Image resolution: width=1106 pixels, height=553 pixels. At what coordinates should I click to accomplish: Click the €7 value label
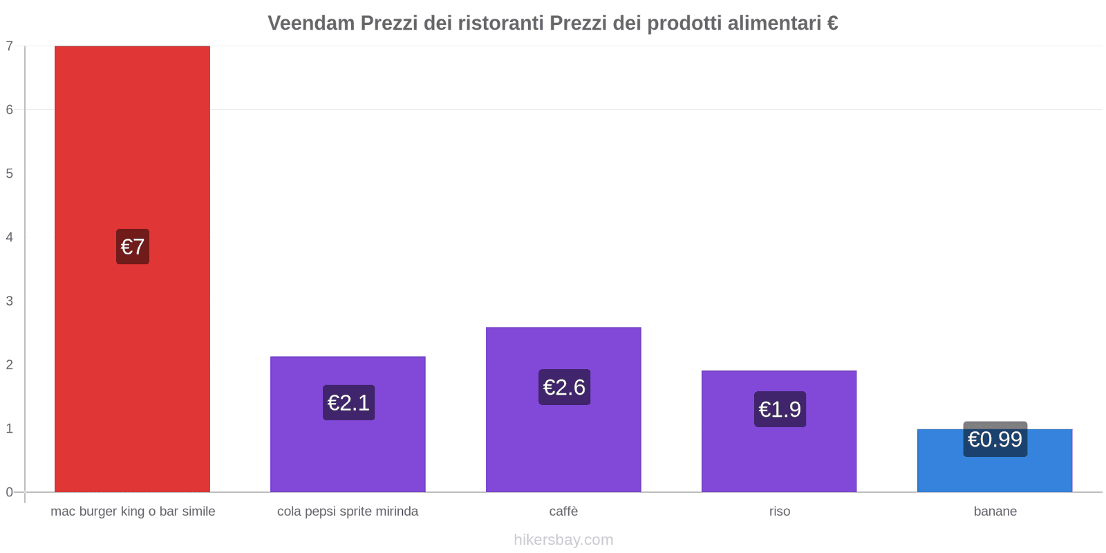tap(133, 247)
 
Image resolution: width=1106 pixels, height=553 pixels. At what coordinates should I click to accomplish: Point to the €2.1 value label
tap(348, 403)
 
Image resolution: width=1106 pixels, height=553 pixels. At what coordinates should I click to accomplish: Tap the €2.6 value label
tap(564, 387)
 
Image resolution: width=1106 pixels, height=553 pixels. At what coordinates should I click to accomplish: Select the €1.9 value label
tap(780, 409)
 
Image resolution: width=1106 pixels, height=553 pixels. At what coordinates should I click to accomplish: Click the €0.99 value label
tap(995, 440)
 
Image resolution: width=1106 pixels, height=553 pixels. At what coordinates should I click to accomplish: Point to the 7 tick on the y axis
tap(10, 46)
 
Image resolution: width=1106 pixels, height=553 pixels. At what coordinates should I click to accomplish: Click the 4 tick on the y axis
tap(10, 237)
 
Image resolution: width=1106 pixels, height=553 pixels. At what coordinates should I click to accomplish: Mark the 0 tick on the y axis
tap(10, 492)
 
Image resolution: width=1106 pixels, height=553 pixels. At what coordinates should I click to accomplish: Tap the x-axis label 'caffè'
tap(563, 512)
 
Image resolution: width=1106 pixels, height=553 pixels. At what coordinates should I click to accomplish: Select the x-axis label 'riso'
tap(779, 512)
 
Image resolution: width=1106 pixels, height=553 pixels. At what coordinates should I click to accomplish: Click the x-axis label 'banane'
tap(995, 512)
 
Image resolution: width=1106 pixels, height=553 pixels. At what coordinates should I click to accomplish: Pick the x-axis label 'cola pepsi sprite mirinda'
tap(348, 512)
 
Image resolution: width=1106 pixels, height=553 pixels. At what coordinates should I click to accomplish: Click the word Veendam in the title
tap(311, 24)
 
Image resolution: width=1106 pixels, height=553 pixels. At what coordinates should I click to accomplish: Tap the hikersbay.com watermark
tap(563, 540)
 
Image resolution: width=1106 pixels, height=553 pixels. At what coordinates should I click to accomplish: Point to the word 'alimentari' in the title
tap(774, 24)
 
